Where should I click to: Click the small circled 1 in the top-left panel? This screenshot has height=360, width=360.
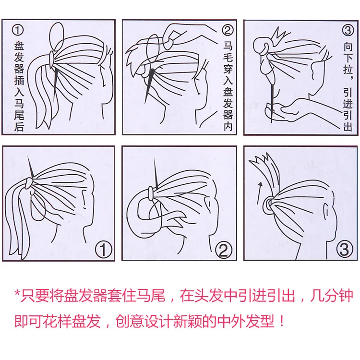(18, 30)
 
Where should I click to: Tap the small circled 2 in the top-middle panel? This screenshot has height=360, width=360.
(228, 30)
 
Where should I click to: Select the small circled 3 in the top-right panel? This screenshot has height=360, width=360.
(348, 30)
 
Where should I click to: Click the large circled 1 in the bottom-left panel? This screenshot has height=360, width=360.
(104, 250)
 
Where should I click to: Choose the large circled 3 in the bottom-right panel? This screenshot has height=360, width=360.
(344, 249)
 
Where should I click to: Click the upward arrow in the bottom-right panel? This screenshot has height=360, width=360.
(259, 193)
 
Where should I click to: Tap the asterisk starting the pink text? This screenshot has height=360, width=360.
(17, 293)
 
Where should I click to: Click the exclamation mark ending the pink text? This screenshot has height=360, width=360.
(282, 321)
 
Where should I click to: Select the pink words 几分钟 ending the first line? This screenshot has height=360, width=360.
(332, 296)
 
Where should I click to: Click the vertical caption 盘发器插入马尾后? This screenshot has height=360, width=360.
(19, 86)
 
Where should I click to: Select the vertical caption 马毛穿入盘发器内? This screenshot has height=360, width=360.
(228, 86)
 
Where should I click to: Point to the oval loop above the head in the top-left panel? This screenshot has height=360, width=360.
(57, 37)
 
